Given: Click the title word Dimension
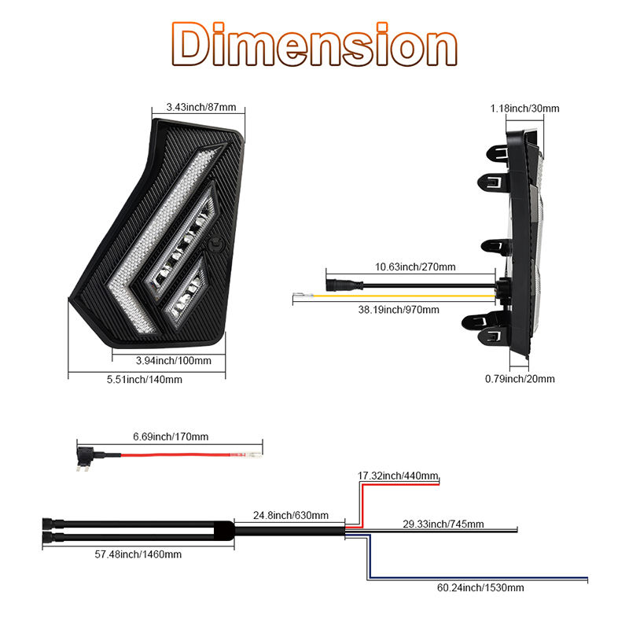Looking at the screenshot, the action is point(314,44).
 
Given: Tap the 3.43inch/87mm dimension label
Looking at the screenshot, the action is point(201,107).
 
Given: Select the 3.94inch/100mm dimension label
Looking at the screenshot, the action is point(173,361).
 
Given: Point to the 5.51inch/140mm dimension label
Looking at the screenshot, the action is point(145,380).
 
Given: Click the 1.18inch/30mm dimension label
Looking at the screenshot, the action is point(524,109).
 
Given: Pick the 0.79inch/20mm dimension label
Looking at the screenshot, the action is point(520,379).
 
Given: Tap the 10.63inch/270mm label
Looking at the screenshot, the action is point(415,267).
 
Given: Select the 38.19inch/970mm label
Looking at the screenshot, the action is point(399,310).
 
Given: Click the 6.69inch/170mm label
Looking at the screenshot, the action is point(171,436).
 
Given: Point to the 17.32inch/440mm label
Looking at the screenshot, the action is point(398,476).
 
